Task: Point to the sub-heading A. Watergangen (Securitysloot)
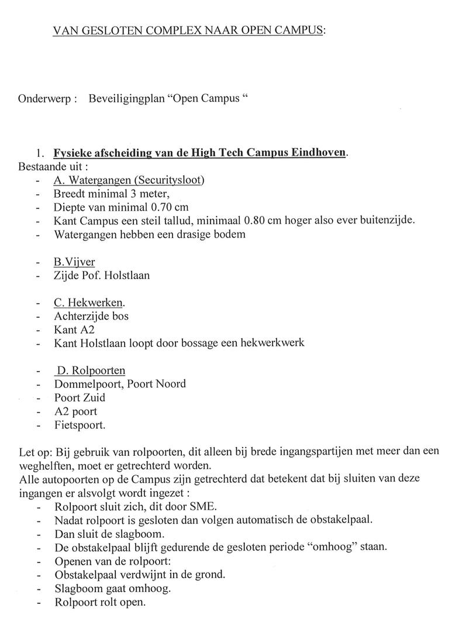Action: [129, 180]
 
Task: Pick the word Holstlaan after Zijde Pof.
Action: [128, 274]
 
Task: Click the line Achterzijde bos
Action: [91, 316]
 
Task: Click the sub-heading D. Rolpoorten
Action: [90, 370]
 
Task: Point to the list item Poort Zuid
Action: [80, 397]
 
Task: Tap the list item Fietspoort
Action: [80, 425]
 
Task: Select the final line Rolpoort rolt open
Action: [99, 602]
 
